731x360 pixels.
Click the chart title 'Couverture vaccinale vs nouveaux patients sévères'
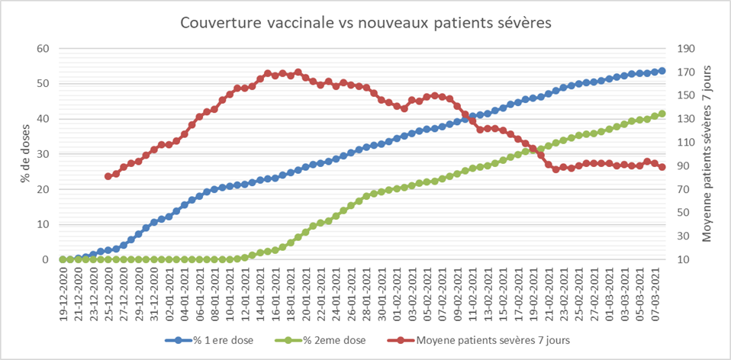tap(365, 23)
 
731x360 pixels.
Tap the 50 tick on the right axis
tap(681, 213)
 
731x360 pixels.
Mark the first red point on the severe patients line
tap(108, 176)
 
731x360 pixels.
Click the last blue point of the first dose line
tap(662, 71)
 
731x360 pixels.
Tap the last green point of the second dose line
tap(662, 114)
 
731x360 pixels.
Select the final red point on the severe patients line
tap(662, 167)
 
